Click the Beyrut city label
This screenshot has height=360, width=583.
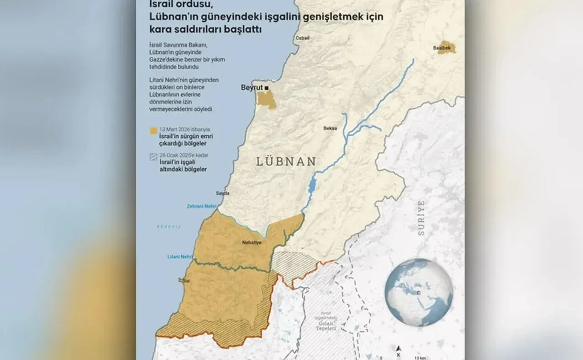click(x=252, y=87)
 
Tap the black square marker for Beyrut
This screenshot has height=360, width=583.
click(x=267, y=87)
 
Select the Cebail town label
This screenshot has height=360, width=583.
click(x=303, y=38)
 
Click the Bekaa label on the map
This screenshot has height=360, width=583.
click(x=330, y=128)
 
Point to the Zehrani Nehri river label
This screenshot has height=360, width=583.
click(x=201, y=207)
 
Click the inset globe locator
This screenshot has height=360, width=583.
click(x=419, y=292)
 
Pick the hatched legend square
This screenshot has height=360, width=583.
click(x=153, y=157)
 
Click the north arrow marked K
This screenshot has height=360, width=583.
click(x=398, y=349)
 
